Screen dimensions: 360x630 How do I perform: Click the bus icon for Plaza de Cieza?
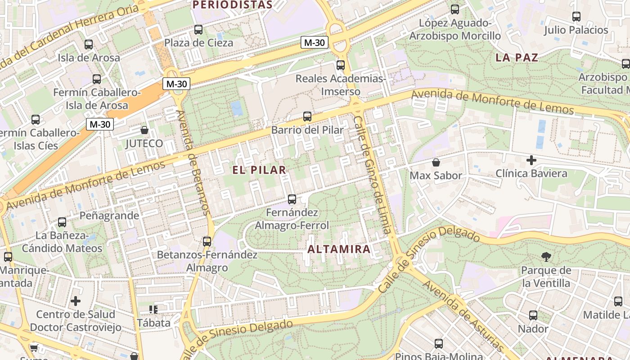(x=198, y=30)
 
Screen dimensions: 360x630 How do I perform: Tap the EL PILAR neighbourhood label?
(x=259, y=170)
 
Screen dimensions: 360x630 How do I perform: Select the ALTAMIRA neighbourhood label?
(x=339, y=249)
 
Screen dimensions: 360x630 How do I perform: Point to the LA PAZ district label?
(x=517, y=58)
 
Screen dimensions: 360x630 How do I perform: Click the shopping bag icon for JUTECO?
(x=144, y=130)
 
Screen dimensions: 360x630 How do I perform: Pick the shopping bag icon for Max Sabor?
(x=436, y=162)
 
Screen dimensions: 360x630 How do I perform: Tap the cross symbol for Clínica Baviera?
(x=531, y=160)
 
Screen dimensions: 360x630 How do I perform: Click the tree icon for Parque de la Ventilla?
(x=546, y=257)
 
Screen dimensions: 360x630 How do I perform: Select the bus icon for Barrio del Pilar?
(x=307, y=117)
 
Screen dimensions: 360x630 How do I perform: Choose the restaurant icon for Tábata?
(x=153, y=310)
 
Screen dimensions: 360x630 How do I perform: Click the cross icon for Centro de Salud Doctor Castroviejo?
(x=76, y=301)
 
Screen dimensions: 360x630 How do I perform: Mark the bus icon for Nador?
(x=533, y=315)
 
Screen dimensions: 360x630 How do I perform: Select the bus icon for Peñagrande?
(x=62, y=222)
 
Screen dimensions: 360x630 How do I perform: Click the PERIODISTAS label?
(x=232, y=5)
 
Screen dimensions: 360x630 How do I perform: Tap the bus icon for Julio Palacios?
(x=576, y=17)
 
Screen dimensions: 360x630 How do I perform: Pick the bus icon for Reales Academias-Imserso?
(x=341, y=65)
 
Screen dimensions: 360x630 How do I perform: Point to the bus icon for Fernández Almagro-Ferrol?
(x=292, y=199)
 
